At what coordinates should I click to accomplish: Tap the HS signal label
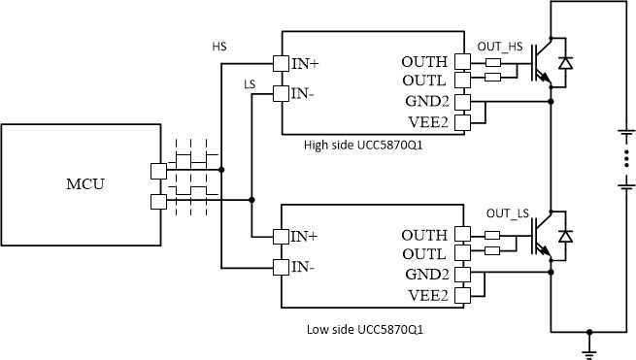[218, 46]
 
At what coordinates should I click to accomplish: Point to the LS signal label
[250, 84]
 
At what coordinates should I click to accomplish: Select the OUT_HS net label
[500, 47]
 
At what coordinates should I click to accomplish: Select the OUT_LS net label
[507, 213]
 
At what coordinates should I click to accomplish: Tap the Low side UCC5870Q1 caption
[364, 329]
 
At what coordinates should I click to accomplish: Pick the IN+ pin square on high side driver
[280, 64]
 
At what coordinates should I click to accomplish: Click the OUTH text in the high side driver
[424, 63]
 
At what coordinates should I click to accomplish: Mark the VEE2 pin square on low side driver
[463, 295]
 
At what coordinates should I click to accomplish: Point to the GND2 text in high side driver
[426, 101]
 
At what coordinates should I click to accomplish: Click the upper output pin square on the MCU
[157, 171]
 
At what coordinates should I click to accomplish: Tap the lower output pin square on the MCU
[157, 201]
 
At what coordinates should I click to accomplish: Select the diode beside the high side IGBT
[566, 64]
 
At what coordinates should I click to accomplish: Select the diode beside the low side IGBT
[566, 237]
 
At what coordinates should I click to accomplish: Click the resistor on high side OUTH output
[492, 64]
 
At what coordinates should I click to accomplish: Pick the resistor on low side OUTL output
[492, 250]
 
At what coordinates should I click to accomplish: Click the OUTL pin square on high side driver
[463, 82]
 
